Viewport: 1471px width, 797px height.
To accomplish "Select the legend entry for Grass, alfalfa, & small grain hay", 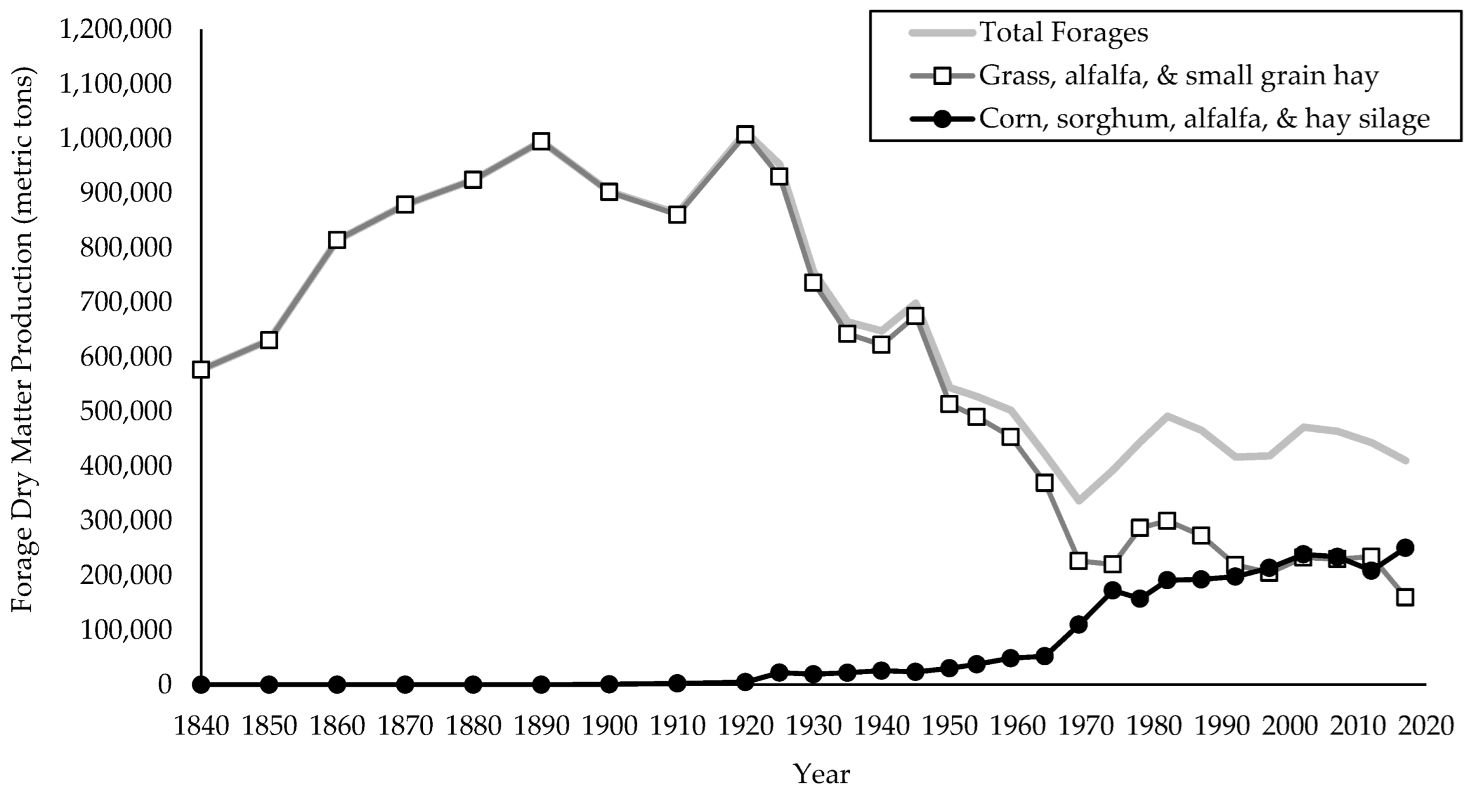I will pos(1178,76).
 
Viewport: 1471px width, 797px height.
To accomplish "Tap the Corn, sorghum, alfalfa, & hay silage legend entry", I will pos(1204,119).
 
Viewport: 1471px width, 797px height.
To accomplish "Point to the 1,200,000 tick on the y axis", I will pos(116,30).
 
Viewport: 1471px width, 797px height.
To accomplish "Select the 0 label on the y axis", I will pos(164,684).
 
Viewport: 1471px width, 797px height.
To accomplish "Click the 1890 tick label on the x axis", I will pos(541,726).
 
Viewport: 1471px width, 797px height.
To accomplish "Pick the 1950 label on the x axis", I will pos(949,726).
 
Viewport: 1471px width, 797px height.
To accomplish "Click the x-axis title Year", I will pos(821,774).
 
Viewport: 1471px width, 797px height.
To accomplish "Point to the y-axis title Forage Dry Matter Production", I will pos(24,339).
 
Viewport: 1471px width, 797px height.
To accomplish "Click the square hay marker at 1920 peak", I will pos(745,135).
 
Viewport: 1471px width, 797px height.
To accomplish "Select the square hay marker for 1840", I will pos(201,370).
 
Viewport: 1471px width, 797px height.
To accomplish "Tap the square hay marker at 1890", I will pos(541,142).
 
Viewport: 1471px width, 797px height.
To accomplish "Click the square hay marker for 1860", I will pos(337,240).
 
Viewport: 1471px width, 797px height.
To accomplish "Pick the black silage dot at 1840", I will pos(201,685).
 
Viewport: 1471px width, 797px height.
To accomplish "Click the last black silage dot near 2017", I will pos(1405,547).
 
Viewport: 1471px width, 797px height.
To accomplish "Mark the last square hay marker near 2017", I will pos(1405,597).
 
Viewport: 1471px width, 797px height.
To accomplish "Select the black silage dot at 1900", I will pos(609,684).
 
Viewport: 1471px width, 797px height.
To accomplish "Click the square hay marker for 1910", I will pos(677,215).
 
